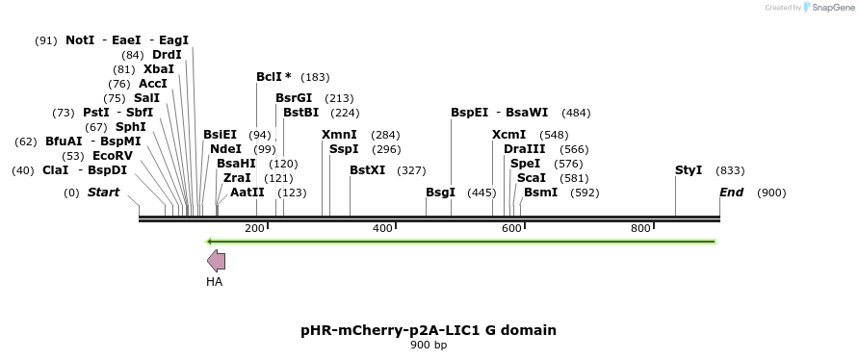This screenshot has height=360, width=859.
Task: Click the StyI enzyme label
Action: tap(689, 170)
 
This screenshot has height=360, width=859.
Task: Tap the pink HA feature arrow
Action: tap(216, 260)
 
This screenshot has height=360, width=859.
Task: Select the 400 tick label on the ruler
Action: tap(382, 228)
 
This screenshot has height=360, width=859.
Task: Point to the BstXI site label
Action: tap(367, 170)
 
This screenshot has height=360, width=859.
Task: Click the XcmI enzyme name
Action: tap(508, 135)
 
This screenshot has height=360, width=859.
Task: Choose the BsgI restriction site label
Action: tap(440, 193)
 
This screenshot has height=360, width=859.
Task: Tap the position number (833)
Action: tap(730, 170)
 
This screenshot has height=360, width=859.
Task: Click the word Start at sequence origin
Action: tap(103, 193)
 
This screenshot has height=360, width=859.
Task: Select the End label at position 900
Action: tap(732, 193)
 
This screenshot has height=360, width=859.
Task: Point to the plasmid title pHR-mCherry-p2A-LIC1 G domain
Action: tap(429, 330)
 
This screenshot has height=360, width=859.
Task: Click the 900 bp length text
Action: tap(429, 345)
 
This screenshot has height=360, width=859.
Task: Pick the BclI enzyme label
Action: tap(273, 76)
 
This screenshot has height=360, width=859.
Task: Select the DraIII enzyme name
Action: tap(524, 149)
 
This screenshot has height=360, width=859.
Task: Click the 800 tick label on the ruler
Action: tap(640, 228)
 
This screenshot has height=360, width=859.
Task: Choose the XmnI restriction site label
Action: tap(339, 135)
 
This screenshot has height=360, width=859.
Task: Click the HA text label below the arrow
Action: tap(214, 282)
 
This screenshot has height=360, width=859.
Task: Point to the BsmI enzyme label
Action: tap(540, 193)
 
